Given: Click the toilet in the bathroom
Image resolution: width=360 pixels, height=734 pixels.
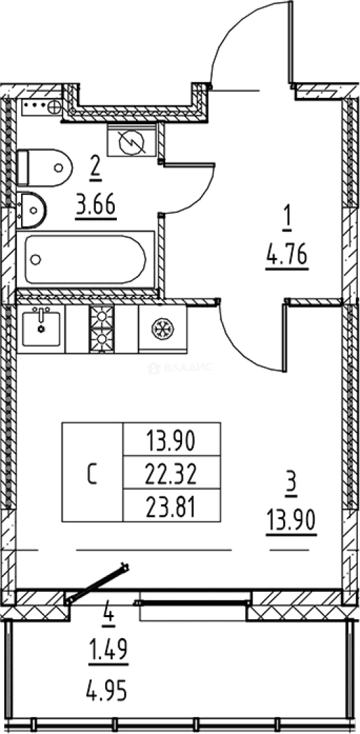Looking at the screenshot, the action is pos(44,167).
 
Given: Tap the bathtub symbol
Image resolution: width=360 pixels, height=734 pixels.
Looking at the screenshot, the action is pos(86,260).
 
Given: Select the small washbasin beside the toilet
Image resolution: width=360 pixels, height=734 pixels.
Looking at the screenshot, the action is pos(31,210).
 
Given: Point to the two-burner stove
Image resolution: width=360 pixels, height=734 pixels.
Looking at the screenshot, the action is pos(102,328).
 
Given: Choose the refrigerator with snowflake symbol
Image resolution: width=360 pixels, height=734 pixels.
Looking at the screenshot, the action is pos(162,328).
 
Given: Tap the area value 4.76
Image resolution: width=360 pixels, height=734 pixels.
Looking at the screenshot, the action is pos(287,258).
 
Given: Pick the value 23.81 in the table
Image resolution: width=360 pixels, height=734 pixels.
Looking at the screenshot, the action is pos(171,507).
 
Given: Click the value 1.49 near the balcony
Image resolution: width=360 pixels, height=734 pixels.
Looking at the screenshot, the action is pos(108,650).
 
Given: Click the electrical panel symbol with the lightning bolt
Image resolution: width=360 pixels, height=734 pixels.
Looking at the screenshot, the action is pos(132,141).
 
